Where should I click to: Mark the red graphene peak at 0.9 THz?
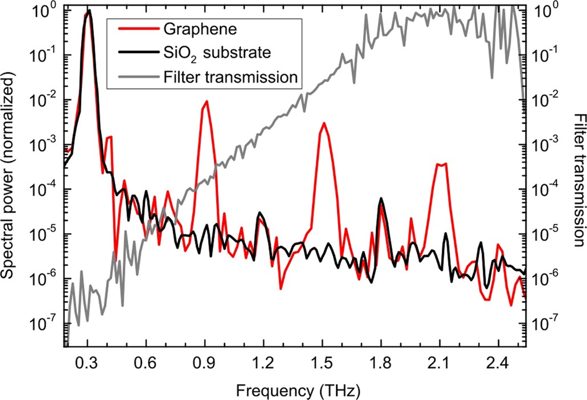(206, 101)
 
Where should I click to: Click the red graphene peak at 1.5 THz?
(324, 123)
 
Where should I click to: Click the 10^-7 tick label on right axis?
(544, 324)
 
